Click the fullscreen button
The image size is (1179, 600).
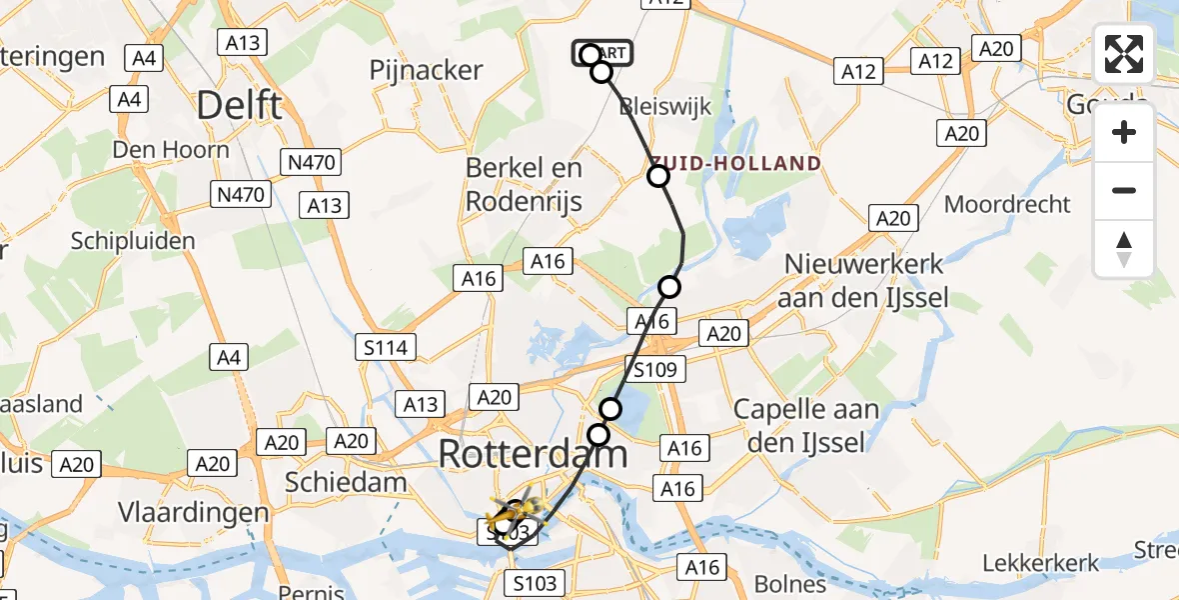1124,54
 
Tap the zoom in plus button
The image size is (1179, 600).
1124,132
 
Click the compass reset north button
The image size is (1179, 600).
1124,249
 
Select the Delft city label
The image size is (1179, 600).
239,104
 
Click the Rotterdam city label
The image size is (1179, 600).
533,454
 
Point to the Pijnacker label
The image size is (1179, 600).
426,70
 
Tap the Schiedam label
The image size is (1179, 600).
346,482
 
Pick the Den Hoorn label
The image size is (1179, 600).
171,150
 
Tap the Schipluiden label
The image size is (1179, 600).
133,240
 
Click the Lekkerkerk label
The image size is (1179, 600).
1041,563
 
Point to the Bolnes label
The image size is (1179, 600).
788,583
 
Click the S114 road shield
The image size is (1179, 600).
385,347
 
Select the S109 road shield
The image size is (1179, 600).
654,370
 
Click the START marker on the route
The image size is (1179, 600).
601,53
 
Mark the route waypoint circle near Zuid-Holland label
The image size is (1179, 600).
658,177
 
